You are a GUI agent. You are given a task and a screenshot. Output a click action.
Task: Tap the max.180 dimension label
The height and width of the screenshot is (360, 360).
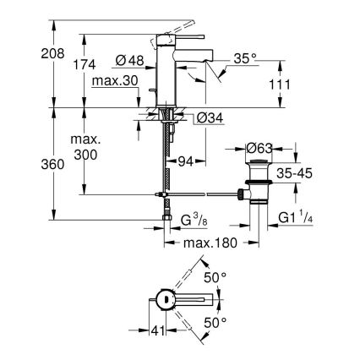coord(208,243)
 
